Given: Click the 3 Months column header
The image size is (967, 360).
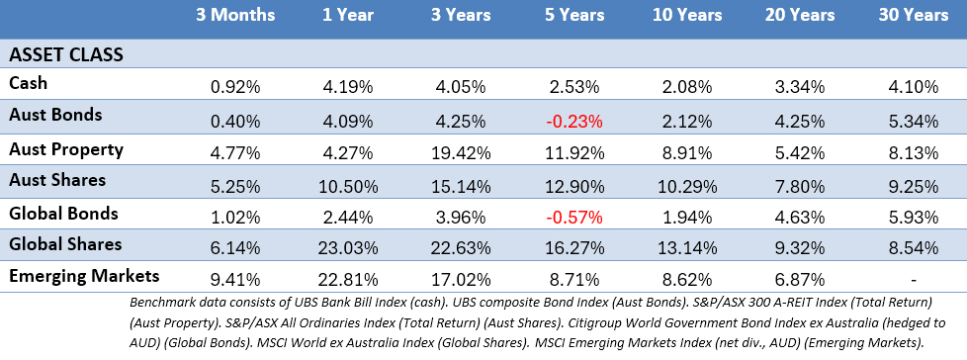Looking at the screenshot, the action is [x=235, y=15].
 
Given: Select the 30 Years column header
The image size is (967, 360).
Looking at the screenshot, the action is [x=914, y=15].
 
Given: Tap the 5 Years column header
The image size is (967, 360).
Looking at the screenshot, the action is [x=574, y=15].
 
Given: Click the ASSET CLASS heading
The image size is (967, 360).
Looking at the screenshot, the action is [x=66, y=54].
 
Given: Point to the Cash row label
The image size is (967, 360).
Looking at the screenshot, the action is [x=28, y=83].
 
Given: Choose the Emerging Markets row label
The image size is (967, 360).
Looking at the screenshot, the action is [x=84, y=275].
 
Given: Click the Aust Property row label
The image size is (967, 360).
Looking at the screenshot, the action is [x=66, y=149].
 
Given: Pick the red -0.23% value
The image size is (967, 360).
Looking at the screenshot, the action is [x=574, y=122].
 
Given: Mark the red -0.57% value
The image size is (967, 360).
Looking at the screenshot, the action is [x=574, y=217].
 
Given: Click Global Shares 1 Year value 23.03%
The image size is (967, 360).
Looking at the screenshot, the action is [x=347, y=248].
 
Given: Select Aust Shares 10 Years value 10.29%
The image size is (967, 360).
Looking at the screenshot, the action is [x=687, y=185].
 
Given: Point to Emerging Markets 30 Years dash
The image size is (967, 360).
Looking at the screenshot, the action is [x=914, y=280].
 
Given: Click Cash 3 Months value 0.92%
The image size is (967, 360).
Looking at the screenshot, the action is [x=235, y=87].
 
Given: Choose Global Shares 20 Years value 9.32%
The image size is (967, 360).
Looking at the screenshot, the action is [x=800, y=248].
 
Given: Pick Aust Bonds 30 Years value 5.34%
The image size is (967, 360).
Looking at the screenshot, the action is [x=914, y=122].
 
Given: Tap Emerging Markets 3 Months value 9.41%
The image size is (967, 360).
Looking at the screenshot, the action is [x=235, y=280].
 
